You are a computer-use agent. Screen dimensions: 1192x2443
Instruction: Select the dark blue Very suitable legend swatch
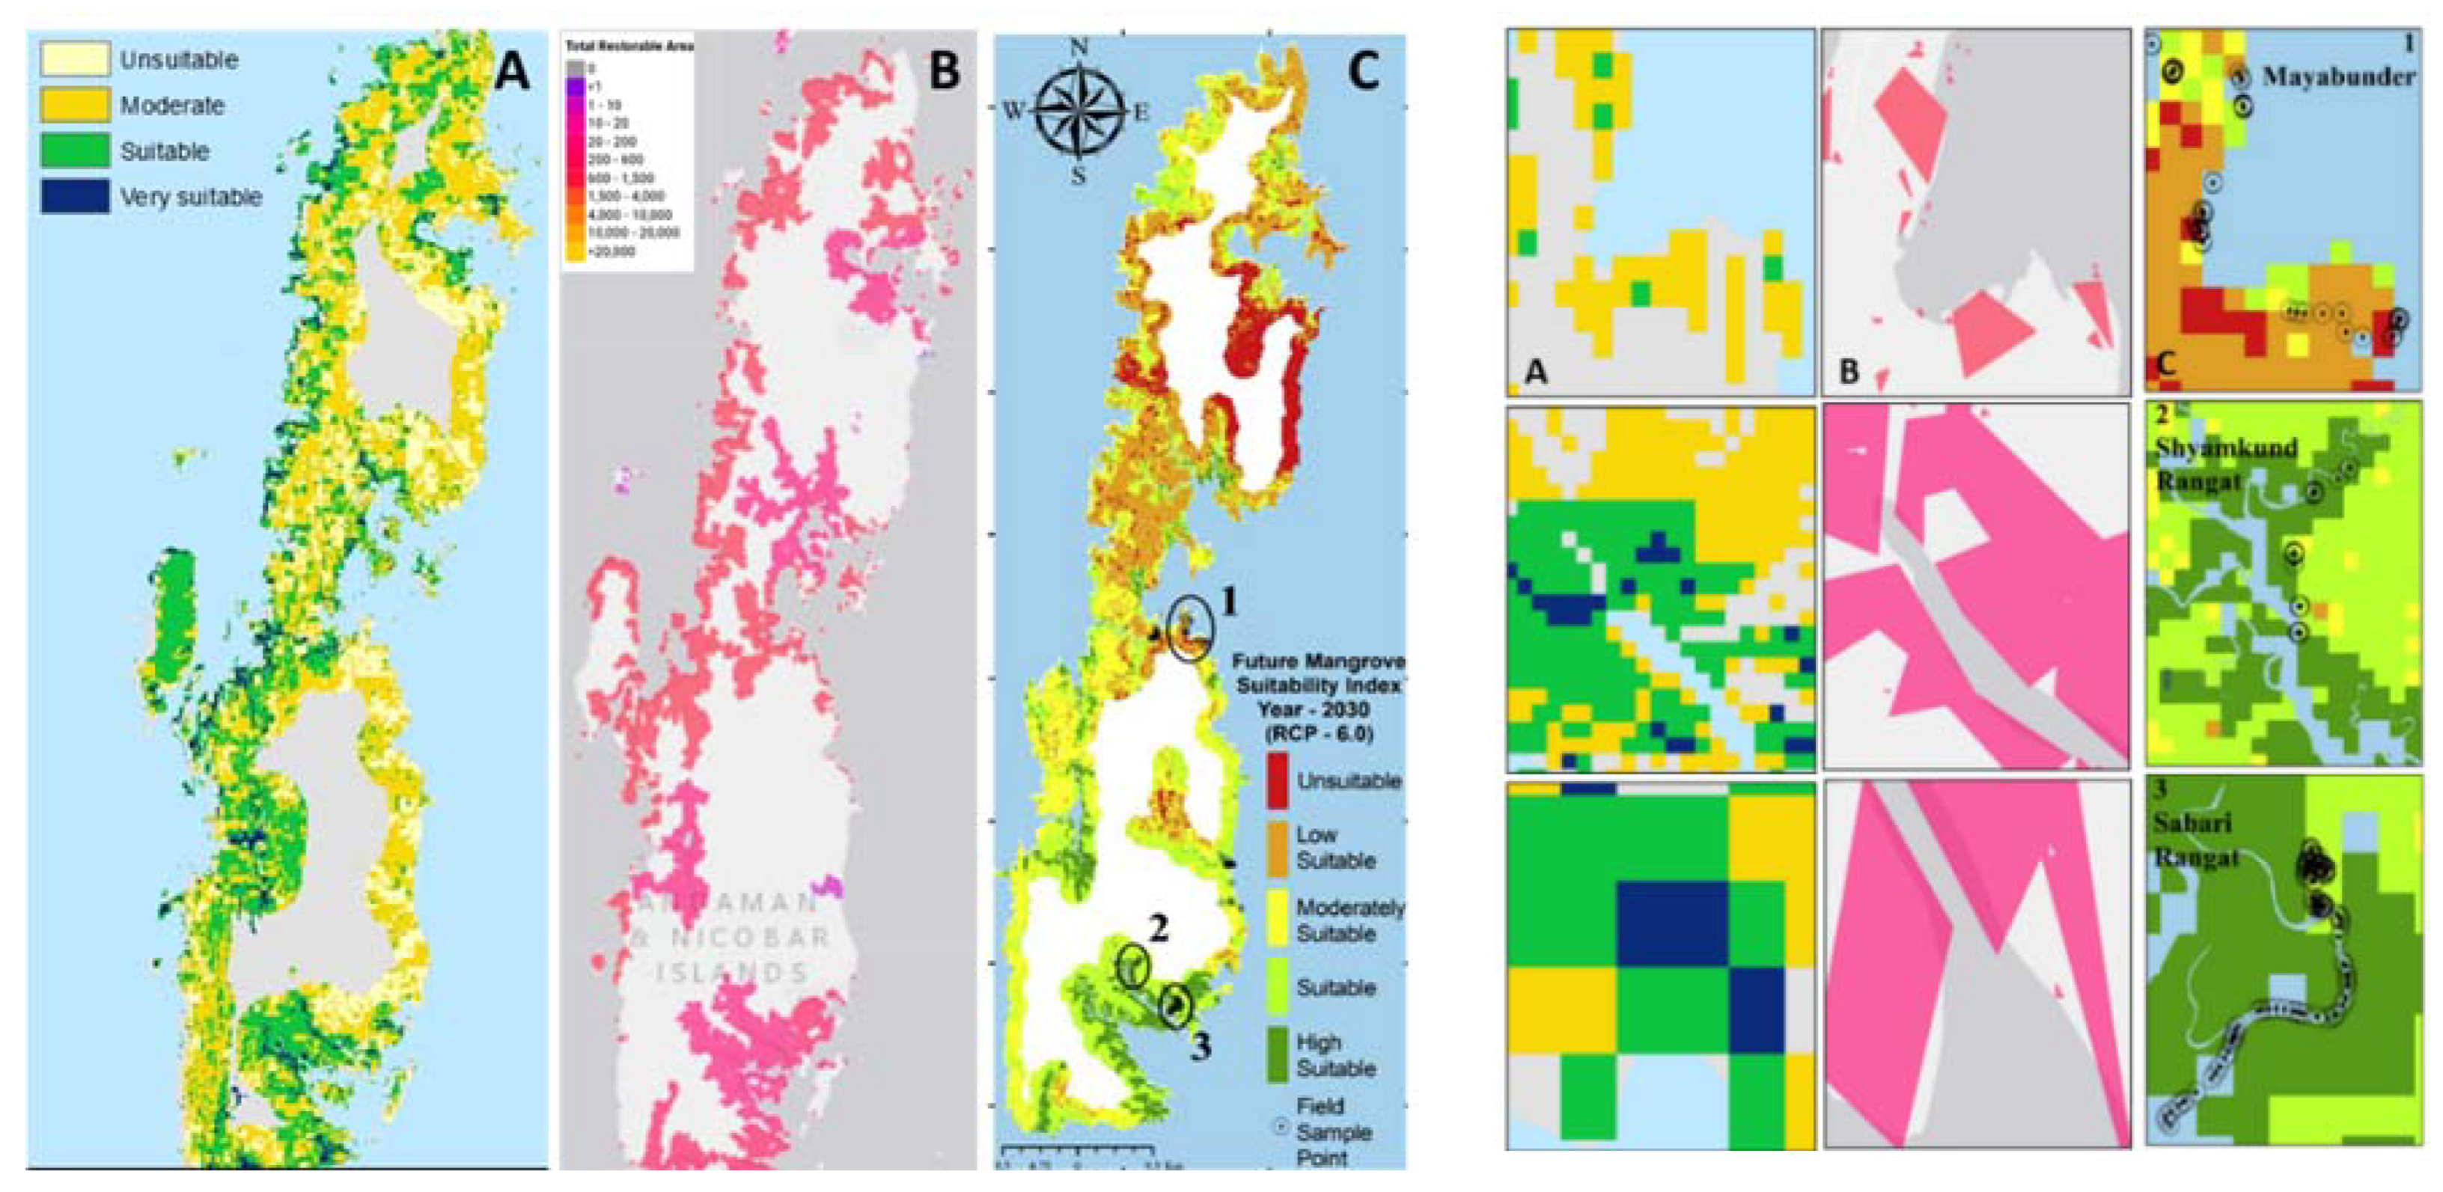coord(74,196)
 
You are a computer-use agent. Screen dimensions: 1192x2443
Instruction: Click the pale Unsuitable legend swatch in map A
coord(74,59)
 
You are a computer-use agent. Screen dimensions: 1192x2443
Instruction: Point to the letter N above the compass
coord(1079,47)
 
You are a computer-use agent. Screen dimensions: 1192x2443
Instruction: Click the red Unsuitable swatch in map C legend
coord(1278,780)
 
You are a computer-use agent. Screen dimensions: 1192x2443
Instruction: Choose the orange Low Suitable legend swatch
coord(1278,848)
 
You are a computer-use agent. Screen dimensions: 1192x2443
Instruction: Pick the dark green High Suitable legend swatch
coord(1278,1054)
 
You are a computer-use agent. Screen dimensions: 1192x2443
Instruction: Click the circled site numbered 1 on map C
coord(1190,629)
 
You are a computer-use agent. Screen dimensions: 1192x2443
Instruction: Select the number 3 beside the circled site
coord(1201,1046)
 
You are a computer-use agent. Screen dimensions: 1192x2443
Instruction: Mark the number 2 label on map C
coord(1158,929)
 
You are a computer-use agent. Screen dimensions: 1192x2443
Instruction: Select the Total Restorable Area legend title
coord(628,46)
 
